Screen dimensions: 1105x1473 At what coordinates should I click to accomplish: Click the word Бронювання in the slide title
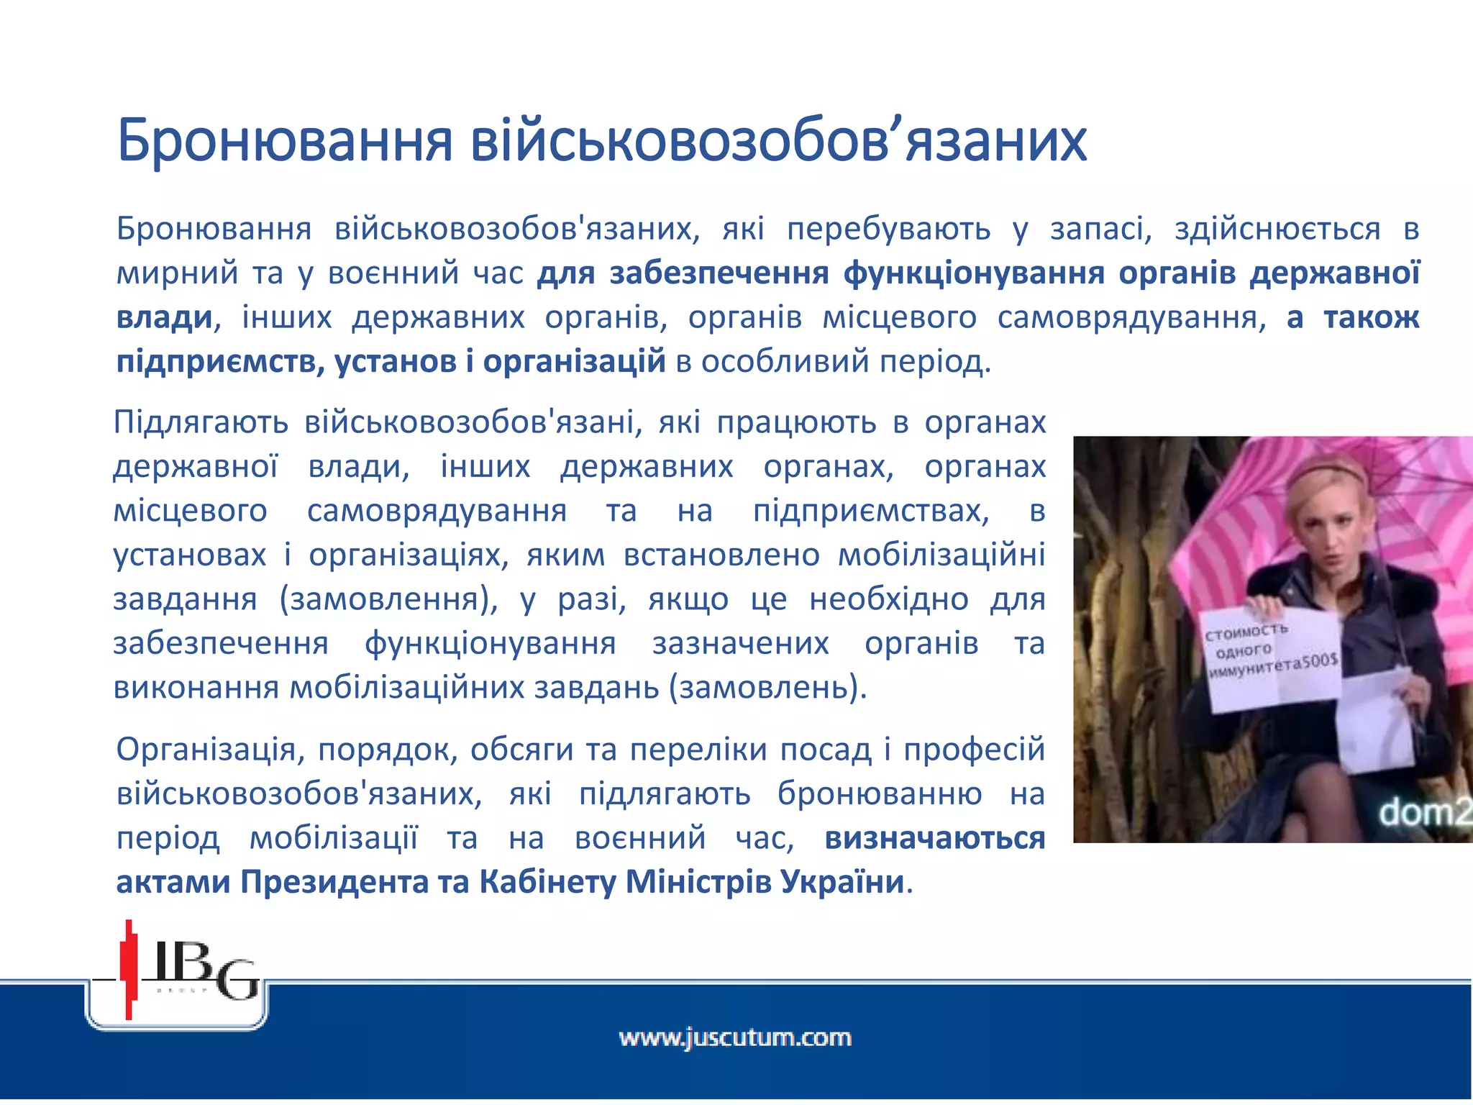coord(284,140)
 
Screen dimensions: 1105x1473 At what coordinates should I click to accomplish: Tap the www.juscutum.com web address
coord(735,1038)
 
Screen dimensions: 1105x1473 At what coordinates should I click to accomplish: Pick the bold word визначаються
coord(934,838)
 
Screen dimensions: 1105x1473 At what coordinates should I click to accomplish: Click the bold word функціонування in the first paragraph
coord(974,273)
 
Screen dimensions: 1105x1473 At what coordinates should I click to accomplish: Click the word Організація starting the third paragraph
coord(206,750)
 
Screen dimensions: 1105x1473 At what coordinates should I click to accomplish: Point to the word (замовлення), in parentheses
coord(388,599)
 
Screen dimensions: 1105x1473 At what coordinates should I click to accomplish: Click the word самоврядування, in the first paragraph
coord(1131,317)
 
